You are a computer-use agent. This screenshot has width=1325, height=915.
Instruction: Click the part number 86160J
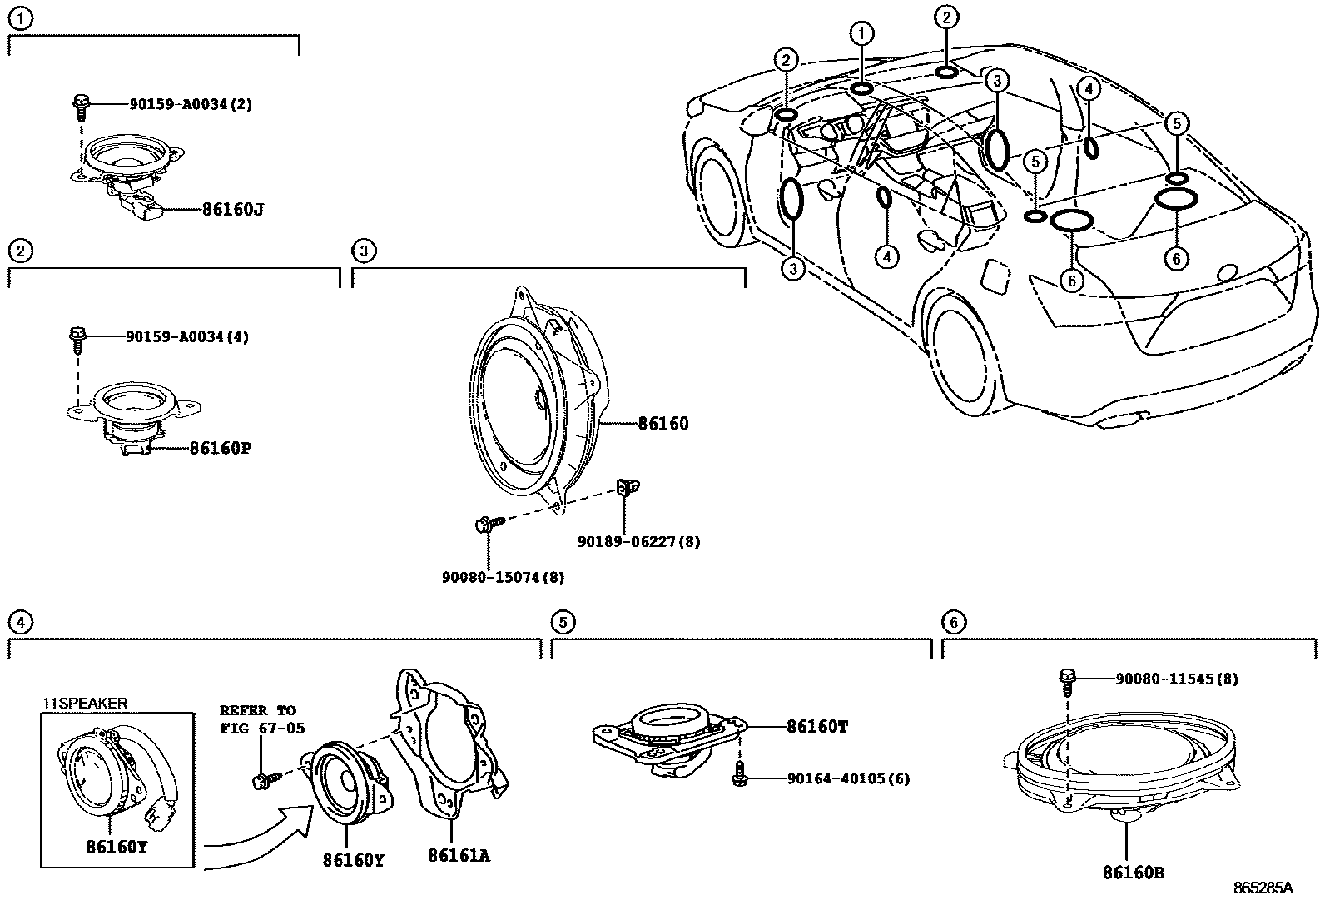[x=232, y=209]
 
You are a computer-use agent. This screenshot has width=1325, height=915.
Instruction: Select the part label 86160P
[x=220, y=449]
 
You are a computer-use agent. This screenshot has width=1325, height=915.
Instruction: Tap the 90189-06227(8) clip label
[x=638, y=542]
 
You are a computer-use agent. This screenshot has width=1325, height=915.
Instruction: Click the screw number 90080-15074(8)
[x=503, y=577]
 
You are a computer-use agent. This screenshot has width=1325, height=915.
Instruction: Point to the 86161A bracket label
[x=459, y=855]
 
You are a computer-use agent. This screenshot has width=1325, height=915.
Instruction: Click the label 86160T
[x=817, y=726]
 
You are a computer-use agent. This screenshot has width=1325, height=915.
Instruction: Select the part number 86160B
[x=1133, y=873]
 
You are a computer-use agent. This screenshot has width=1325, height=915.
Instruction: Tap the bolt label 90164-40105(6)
[x=848, y=778]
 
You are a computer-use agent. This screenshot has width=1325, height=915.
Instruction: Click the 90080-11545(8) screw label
[x=1176, y=679]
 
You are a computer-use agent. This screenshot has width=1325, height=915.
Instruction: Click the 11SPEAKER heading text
[x=86, y=704]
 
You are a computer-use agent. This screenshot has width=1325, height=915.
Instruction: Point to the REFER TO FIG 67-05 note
[x=261, y=719]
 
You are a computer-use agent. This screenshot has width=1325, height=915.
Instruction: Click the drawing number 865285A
[x=1263, y=888]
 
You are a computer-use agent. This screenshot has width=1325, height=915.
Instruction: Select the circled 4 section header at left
[x=20, y=621]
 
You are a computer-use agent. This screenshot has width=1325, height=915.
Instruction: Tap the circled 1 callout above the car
[x=861, y=33]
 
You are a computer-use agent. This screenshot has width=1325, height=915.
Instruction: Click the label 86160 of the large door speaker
[x=662, y=424]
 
